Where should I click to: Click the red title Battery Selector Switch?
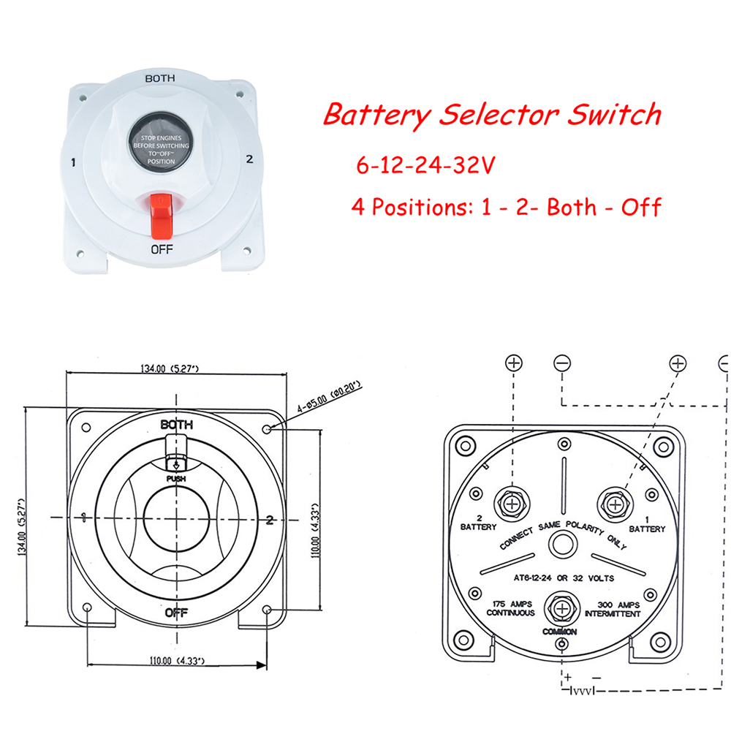(x=491, y=115)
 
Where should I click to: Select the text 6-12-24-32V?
(x=425, y=164)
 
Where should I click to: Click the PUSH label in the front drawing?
(x=176, y=479)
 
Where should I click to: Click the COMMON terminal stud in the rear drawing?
(x=560, y=607)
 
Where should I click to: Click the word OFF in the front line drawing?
(x=178, y=612)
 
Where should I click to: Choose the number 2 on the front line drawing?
(x=270, y=520)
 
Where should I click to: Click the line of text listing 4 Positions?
(x=506, y=206)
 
